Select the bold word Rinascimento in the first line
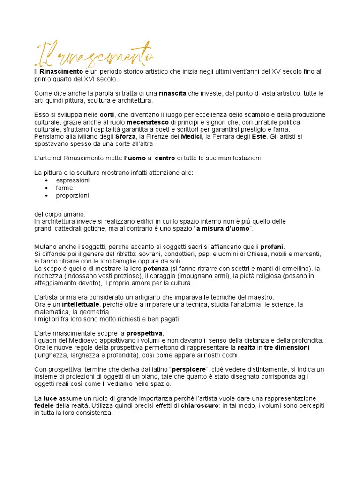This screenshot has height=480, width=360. click(x=61, y=72)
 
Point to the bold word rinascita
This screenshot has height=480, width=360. click(x=172, y=93)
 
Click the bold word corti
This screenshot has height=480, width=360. click(x=107, y=115)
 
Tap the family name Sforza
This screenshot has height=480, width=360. click(x=126, y=136)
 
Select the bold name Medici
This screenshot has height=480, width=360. click(x=189, y=136)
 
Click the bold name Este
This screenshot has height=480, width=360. click(x=258, y=136)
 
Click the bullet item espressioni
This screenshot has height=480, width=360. click(x=73, y=180)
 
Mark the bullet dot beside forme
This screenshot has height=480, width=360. click(x=46, y=188)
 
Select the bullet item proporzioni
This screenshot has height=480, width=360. click(x=72, y=195)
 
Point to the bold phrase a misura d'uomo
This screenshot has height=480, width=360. click(x=223, y=228)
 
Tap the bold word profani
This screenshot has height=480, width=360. click(x=272, y=247)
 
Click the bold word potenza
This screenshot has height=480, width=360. click(x=156, y=269)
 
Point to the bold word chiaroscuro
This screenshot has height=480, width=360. click(x=199, y=406)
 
